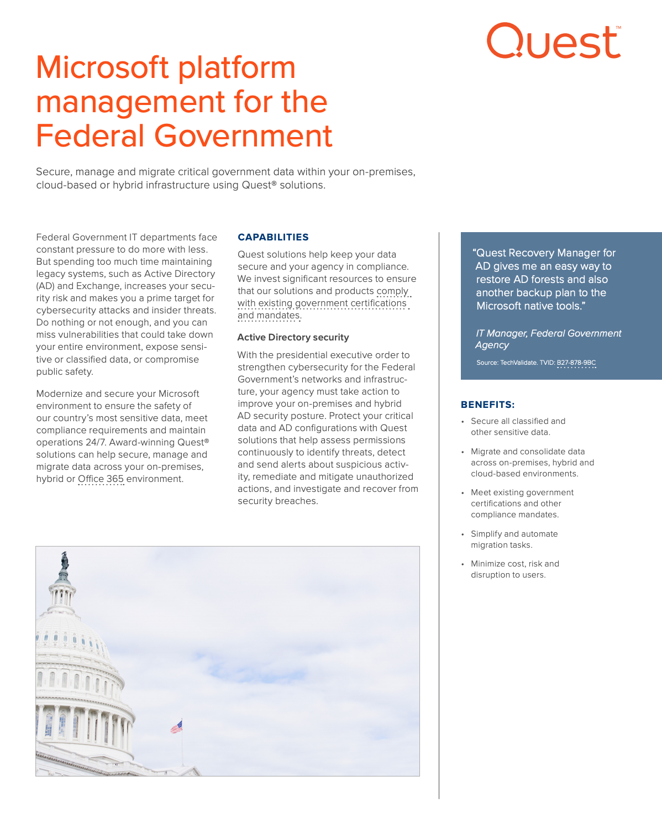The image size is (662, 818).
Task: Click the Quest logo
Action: (553, 41)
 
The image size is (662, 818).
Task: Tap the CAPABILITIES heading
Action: (273, 237)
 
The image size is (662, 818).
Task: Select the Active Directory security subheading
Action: (293, 337)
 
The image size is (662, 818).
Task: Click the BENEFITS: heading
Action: (487, 405)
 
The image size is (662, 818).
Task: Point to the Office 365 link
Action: (101, 479)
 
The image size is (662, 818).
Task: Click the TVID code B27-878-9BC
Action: (576, 363)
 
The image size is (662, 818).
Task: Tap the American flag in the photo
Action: (177, 726)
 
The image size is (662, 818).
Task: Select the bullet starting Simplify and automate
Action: (514, 539)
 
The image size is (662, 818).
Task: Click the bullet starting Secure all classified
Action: (518, 427)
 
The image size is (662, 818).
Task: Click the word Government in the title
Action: (243, 136)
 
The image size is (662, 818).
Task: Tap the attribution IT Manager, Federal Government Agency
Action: (548, 339)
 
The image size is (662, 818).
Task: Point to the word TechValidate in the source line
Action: (518, 363)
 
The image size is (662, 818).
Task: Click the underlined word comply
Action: (392, 291)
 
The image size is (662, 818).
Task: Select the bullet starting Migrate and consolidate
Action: (532, 463)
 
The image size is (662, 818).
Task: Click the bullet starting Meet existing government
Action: (522, 504)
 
